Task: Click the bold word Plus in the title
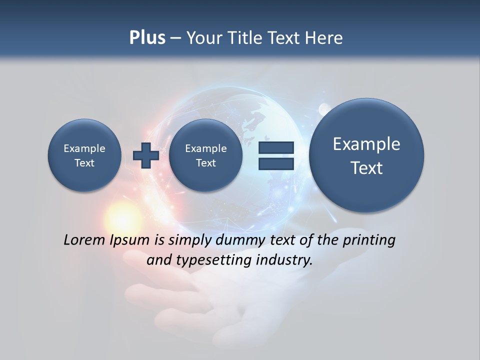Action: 147,38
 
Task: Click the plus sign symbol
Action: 146,155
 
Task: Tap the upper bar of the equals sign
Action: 276,147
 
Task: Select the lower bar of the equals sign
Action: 276,164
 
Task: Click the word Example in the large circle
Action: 366,144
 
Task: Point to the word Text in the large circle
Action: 366,168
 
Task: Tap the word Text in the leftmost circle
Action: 84,163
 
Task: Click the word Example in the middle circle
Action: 205,148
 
